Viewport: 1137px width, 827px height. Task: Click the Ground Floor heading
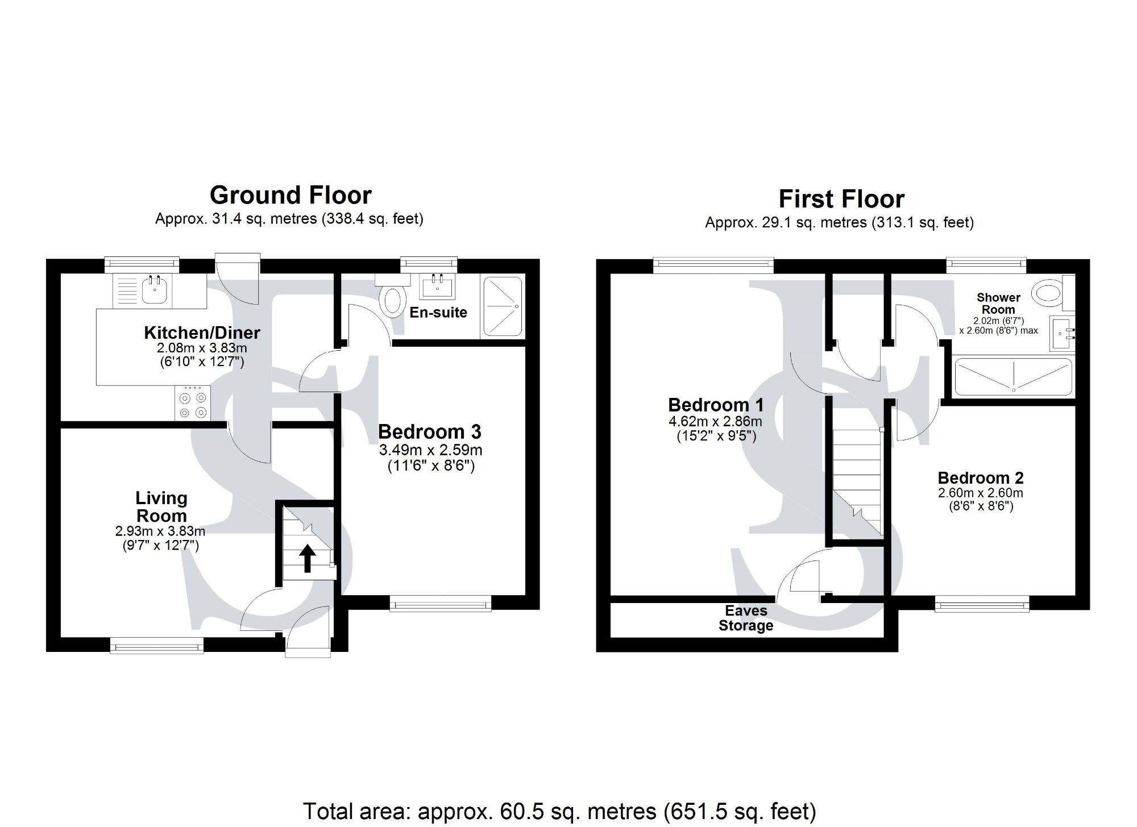point(291,196)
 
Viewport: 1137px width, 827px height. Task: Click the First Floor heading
point(841,200)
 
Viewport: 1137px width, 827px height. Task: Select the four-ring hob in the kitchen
point(192,404)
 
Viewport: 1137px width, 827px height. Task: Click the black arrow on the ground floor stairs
point(308,558)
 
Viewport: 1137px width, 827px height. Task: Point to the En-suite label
point(438,312)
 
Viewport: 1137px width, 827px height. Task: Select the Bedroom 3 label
point(429,432)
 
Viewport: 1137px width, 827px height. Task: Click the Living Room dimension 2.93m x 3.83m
point(160,531)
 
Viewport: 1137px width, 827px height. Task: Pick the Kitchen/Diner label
point(202,333)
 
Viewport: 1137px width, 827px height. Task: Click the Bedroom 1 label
point(715,405)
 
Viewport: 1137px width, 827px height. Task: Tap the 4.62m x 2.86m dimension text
point(715,422)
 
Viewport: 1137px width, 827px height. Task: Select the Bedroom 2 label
point(981,478)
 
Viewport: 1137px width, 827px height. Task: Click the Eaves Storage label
point(746,618)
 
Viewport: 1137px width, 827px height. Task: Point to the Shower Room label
point(998,304)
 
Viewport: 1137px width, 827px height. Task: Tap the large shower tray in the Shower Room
point(1013,377)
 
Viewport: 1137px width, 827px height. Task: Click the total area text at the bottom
point(559,811)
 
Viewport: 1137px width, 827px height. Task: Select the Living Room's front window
point(157,645)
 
